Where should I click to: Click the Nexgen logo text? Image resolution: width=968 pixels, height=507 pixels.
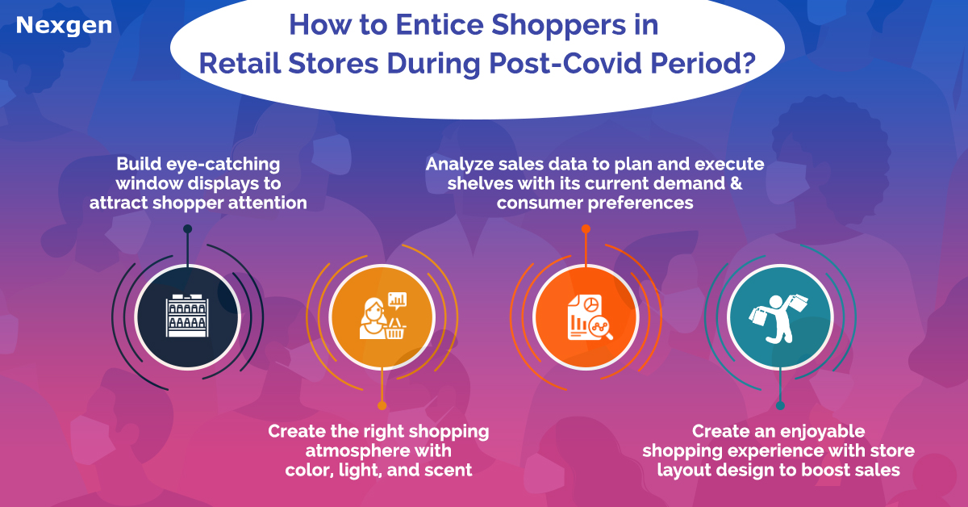point(64,26)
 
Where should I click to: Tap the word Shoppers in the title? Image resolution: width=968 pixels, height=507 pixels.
point(558,26)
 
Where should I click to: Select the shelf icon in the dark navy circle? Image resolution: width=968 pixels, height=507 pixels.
point(187,316)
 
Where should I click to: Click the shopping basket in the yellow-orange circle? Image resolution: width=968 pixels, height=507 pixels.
point(394,329)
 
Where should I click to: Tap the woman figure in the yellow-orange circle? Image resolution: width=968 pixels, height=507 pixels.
point(373,318)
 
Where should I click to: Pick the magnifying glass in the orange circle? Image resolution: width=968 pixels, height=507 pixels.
point(601,329)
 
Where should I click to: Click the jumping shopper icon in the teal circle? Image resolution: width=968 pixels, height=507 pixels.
point(778,318)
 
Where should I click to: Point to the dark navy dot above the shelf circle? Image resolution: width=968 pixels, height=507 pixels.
point(187,228)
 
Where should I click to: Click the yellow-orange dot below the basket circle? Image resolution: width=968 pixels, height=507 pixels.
point(382,405)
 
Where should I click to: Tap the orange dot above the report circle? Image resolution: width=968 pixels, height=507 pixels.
point(586,228)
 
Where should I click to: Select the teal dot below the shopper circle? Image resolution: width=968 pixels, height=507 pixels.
point(780,405)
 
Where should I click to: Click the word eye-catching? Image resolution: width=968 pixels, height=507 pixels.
point(223,165)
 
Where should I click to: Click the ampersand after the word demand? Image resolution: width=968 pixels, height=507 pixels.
point(736,183)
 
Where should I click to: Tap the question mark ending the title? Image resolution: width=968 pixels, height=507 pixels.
point(748,63)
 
